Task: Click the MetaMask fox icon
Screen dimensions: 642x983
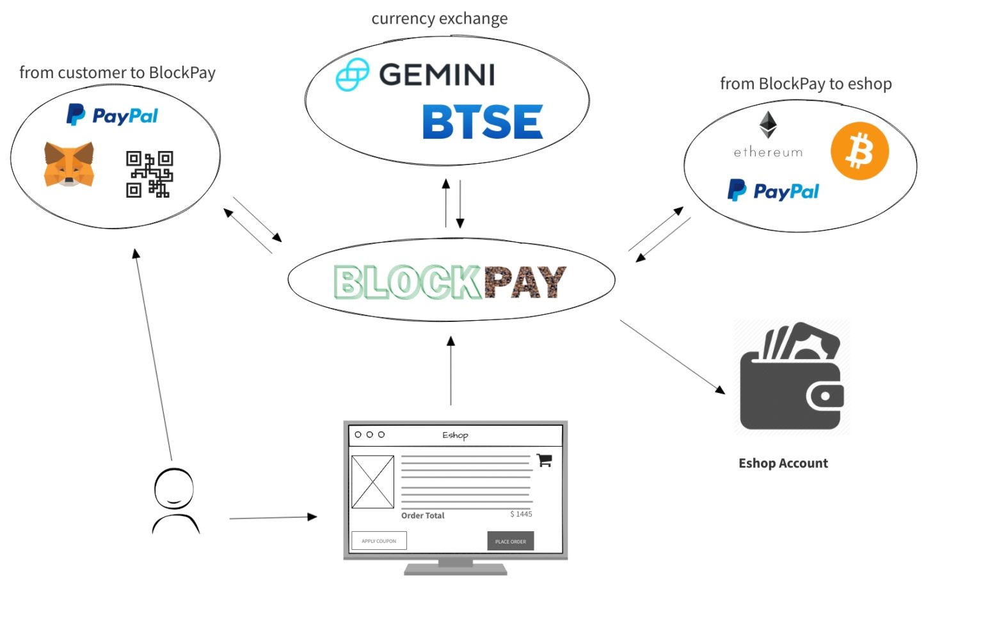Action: coord(68,165)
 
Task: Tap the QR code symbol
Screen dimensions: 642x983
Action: coord(149,174)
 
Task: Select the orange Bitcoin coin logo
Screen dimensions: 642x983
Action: coord(859,151)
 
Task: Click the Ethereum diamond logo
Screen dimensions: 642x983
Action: coord(767,125)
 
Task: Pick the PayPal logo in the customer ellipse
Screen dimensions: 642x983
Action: coord(113,115)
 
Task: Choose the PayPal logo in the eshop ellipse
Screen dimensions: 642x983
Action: coord(773,191)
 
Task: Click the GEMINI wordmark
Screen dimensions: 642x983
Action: coord(436,75)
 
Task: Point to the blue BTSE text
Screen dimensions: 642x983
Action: coord(482,122)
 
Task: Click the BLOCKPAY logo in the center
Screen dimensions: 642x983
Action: coord(450,282)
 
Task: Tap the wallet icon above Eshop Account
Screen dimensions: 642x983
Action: coord(792,378)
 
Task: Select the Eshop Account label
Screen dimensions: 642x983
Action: coord(783,463)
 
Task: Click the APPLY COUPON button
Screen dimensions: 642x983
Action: coord(379,541)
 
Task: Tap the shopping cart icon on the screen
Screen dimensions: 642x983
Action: coord(544,460)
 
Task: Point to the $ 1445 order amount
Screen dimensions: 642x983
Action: coord(521,514)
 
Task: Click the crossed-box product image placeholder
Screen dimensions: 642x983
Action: coord(372,482)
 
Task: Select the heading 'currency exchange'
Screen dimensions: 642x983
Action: coord(439,19)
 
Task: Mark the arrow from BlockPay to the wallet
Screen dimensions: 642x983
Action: coord(672,357)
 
